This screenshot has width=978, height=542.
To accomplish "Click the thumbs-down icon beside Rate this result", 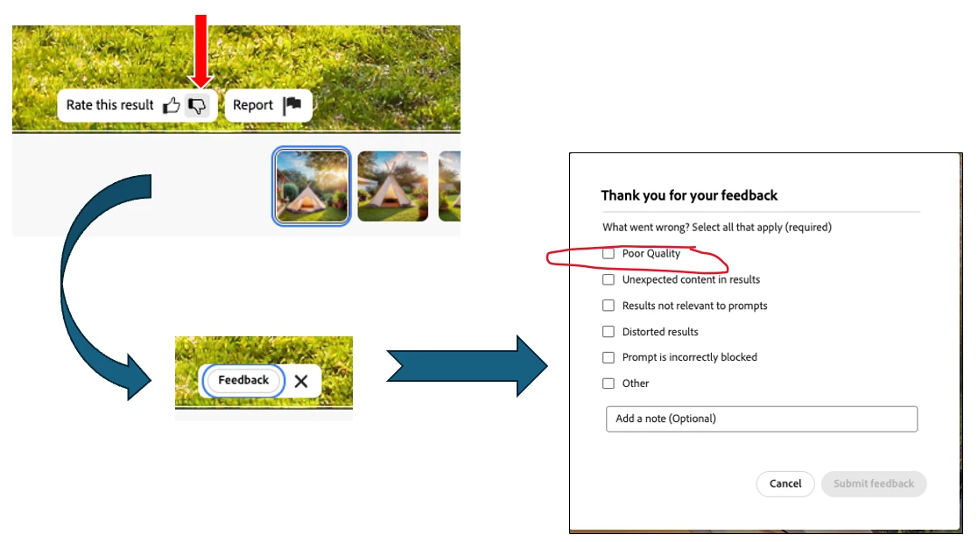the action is tap(197, 105).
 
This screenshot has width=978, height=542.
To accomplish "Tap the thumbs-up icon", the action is tap(172, 105).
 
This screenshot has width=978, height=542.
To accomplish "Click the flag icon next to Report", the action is tap(292, 105).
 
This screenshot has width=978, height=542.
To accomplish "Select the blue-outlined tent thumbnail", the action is tap(311, 186).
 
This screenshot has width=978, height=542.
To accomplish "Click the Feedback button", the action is tap(243, 381).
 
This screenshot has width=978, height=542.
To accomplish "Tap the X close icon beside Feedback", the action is tap(301, 381).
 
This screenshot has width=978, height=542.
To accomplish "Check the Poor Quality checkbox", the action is tap(609, 253).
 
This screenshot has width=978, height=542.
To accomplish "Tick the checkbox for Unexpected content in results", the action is tap(609, 279).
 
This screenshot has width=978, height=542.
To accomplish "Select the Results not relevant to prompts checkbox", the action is tap(609, 306).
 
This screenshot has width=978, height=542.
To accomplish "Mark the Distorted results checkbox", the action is tap(609, 332).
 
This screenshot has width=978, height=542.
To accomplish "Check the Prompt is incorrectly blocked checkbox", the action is tap(609, 357).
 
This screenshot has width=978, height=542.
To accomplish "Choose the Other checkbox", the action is tap(609, 384).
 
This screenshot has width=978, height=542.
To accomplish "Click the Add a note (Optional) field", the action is tap(762, 419).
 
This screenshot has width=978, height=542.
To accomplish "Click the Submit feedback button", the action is tap(874, 484).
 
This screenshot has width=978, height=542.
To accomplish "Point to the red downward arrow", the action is tap(201, 51).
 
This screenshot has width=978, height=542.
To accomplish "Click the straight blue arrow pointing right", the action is tap(467, 366).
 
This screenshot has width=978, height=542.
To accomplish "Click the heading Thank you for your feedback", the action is tap(689, 196).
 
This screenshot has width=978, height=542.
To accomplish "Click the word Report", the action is tap(253, 105).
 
